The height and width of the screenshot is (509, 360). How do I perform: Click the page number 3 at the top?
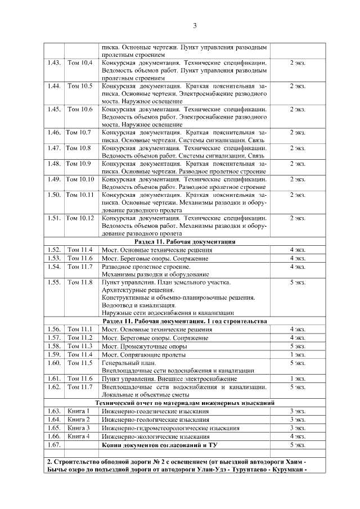pos(195,26)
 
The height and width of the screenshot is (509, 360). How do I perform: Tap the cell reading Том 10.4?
pos(80,62)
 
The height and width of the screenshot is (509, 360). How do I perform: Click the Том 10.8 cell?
pos(79,148)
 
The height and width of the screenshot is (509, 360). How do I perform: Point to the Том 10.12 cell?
pos(80,218)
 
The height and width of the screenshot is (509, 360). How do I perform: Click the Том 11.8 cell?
pos(80,282)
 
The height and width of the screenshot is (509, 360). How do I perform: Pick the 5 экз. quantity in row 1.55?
pos(298,282)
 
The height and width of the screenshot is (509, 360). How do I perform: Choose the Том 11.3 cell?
pos(79,346)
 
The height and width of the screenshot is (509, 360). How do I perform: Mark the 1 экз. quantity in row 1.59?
pos(298,354)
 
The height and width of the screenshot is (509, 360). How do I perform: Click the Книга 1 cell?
pos(79,411)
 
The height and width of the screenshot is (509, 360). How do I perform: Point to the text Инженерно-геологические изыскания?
pos(155,420)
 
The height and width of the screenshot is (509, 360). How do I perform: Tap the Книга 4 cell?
pos(79,436)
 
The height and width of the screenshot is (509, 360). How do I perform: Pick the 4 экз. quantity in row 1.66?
pos(298,436)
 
